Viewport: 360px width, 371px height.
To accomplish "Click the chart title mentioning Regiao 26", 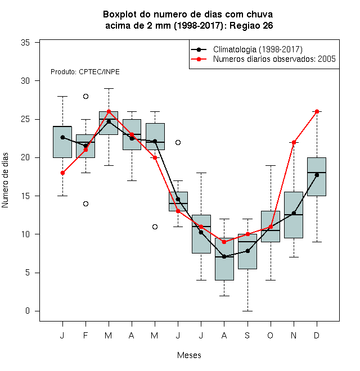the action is [x=188, y=20].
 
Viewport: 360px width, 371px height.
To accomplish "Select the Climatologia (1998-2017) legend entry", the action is [x=246, y=49].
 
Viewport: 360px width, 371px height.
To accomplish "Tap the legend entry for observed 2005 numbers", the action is [x=263, y=59].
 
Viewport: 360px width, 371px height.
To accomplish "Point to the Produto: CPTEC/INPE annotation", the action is [x=85, y=72].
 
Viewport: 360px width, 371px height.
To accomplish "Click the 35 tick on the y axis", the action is [x=25, y=43].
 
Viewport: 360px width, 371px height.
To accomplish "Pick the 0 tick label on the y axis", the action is [x=28, y=311].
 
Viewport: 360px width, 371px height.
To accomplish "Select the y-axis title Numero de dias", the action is [x=5, y=180].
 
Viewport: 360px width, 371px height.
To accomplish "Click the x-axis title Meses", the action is [x=189, y=355].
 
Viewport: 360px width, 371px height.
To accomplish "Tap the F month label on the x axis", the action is [x=85, y=335].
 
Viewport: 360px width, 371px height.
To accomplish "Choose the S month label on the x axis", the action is [x=247, y=335].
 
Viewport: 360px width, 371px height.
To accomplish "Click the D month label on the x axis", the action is [x=317, y=335].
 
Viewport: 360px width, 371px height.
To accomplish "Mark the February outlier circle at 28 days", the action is [x=85, y=96].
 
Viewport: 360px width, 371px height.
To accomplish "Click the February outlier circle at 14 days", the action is [x=85, y=203].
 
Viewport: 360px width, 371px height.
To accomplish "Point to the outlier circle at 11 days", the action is [x=155, y=227].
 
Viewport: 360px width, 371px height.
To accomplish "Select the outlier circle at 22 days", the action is [x=178, y=142].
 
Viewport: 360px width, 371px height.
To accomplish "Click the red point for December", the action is [x=317, y=111].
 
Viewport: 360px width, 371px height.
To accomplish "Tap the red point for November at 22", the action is [x=294, y=142].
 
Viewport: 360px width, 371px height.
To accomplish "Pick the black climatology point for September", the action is [x=247, y=251].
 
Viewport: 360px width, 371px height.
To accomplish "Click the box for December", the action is [x=317, y=177].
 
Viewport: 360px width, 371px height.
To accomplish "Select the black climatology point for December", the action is [x=317, y=175].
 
